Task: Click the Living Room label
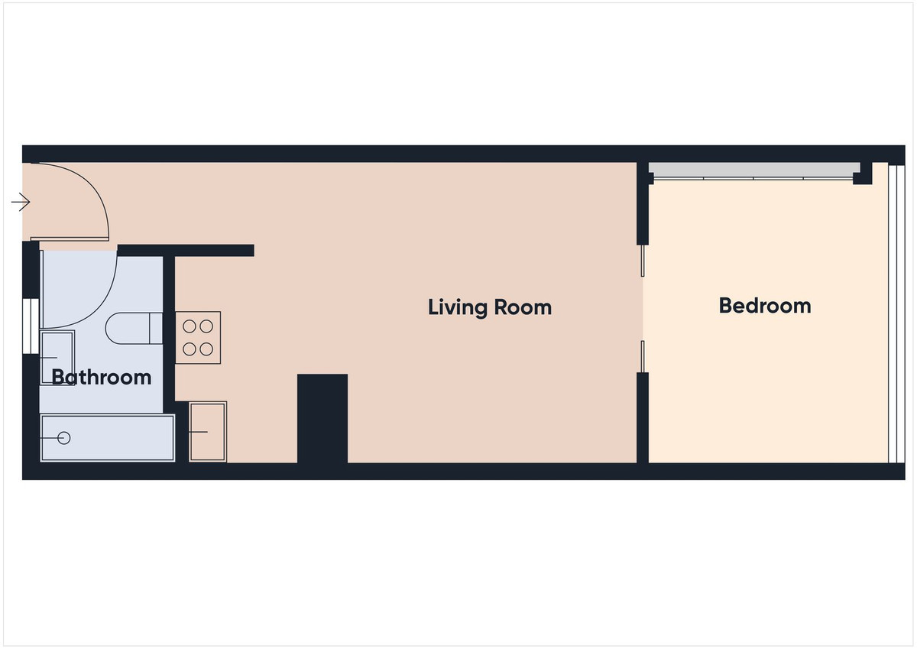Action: [490, 307]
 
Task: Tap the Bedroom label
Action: [765, 306]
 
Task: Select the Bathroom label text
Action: [102, 377]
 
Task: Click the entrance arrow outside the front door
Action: [21, 202]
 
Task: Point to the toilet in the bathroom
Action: [134, 328]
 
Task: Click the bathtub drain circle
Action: [64, 438]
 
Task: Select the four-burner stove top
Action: [198, 338]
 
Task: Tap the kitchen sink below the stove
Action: [208, 432]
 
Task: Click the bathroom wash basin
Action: [57, 358]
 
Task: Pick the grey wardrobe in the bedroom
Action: [753, 170]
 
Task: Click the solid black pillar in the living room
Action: [322, 418]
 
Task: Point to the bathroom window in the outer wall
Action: [31, 326]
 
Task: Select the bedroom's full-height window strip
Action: [896, 313]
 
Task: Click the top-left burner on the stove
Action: [190, 326]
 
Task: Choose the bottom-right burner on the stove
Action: [206, 349]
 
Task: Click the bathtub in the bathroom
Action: [108, 438]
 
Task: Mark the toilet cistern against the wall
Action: [156, 328]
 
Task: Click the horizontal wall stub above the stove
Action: [186, 251]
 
